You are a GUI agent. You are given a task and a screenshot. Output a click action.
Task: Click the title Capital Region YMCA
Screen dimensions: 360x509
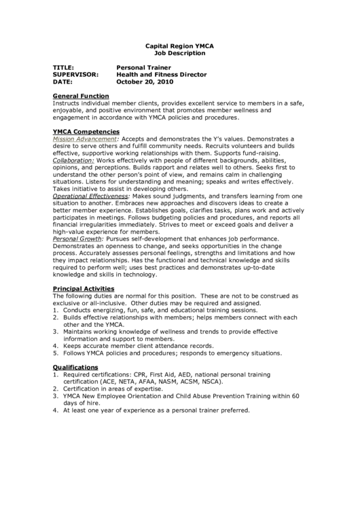point(179,45)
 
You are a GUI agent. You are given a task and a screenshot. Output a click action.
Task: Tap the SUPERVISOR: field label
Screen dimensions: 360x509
point(75,75)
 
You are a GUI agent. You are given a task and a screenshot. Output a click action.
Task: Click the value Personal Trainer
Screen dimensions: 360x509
point(144,68)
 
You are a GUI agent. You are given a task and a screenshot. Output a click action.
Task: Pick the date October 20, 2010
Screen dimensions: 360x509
point(145,82)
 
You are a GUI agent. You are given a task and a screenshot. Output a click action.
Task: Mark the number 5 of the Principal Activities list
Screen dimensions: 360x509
point(55,353)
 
